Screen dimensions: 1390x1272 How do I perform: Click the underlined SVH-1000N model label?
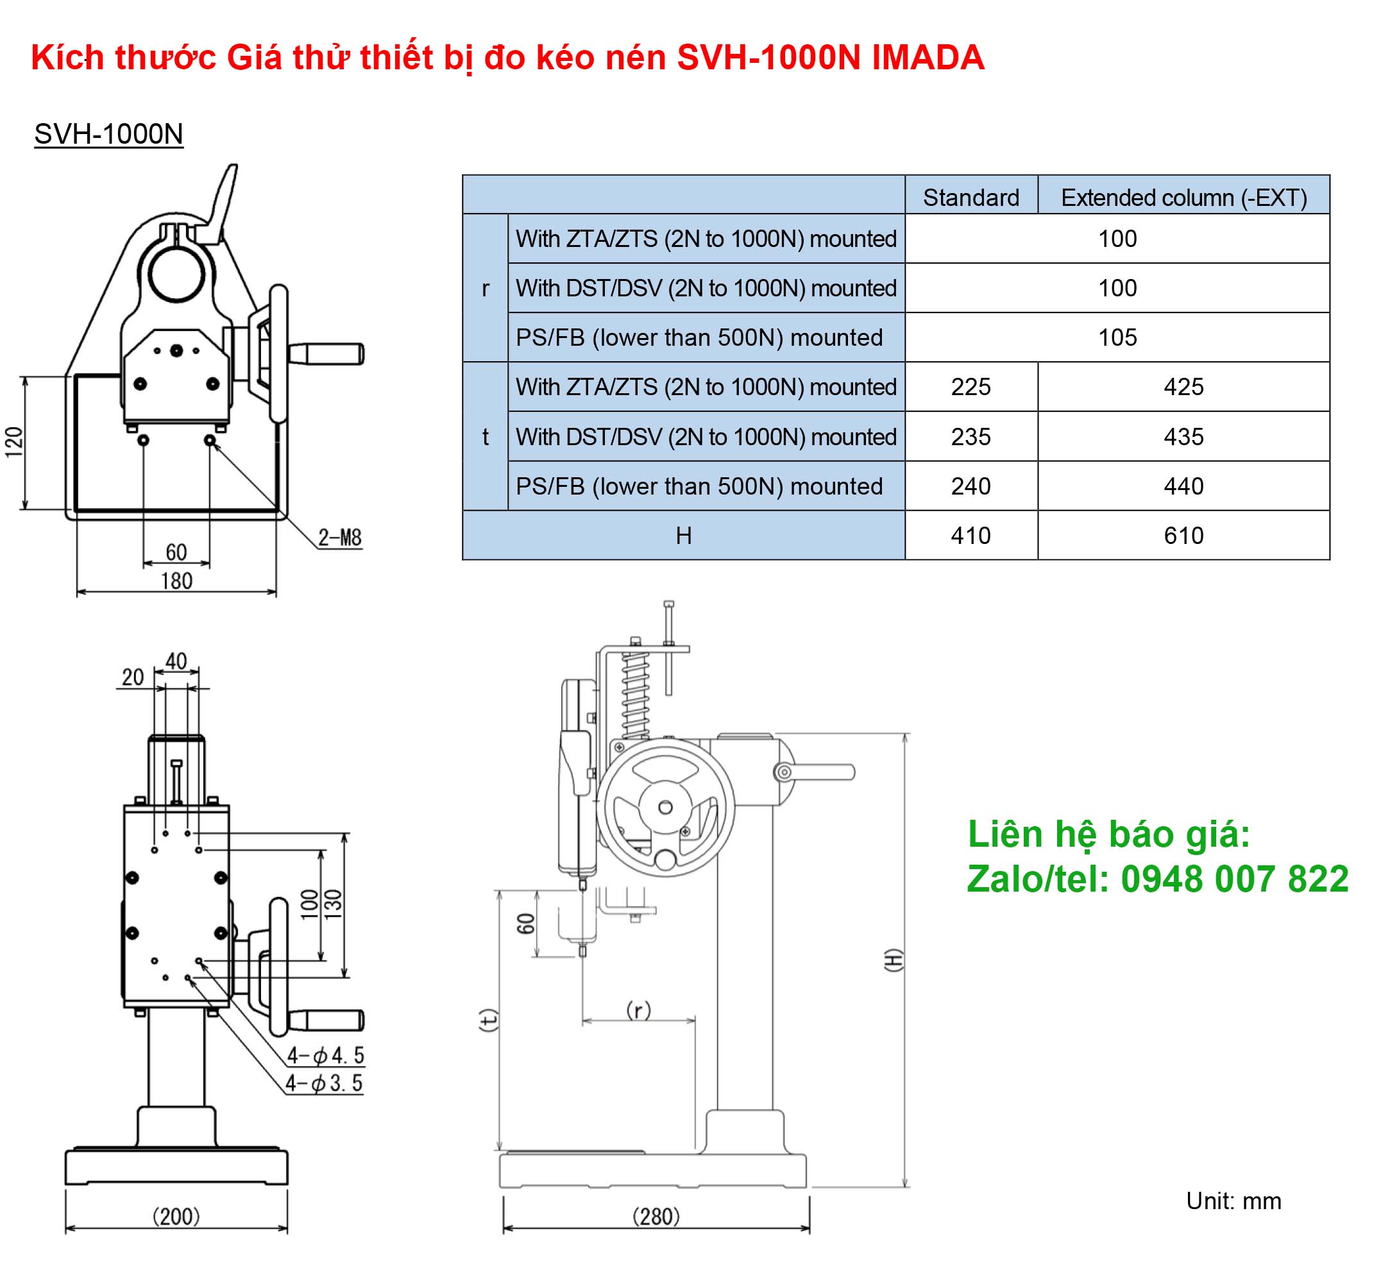tap(109, 134)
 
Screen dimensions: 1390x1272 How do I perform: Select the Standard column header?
tap(970, 198)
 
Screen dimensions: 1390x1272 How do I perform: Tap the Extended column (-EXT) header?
tap(1184, 198)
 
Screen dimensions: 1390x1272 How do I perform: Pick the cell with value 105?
tap(1117, 338)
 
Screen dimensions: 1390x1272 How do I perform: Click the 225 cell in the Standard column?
tap(970, 387)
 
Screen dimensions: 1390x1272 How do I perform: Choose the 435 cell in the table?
tap(1184, 437)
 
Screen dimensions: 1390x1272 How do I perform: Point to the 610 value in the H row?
tap(1184, 536)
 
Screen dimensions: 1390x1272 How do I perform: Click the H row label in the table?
tap(683, 536)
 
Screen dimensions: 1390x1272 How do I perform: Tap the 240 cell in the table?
tap(970, 487)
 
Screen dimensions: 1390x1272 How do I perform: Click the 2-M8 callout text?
tap(339, 538)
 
